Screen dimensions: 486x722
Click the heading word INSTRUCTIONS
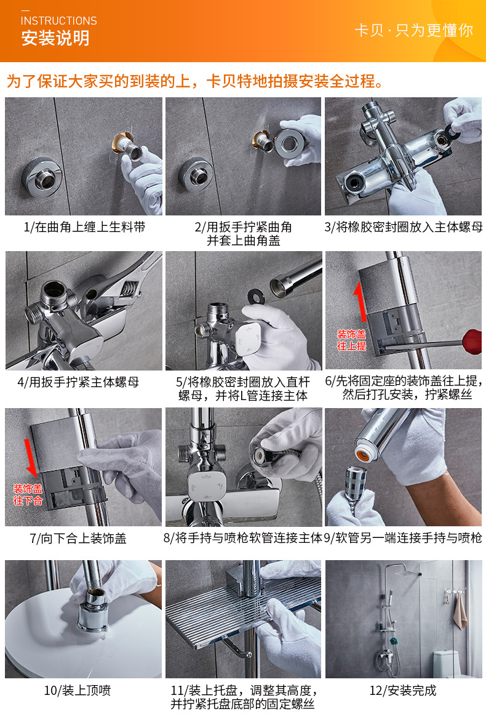(x=59, y=21)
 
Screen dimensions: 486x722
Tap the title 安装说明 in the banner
(x=55, y=38)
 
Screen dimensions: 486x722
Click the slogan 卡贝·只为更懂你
(x=414, y=30)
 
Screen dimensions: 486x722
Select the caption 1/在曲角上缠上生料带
(x=85, y=227)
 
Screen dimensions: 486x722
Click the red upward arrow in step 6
(x=361, y=302)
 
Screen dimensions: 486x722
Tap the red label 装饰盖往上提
(x=352, y=340)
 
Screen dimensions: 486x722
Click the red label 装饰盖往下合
(x=28, y=494)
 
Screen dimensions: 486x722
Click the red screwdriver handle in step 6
(x=472, y=342)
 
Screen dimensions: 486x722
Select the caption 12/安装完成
(x=403, y=691)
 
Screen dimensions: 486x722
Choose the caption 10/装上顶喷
(x=78, y=691)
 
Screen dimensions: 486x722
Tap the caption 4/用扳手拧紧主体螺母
(x=78, y=382)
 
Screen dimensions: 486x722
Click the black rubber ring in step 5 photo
(x=257, y=297)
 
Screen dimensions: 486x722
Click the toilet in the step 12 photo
(x=446, y=663)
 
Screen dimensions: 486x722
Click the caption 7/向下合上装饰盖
(x=78, y=539)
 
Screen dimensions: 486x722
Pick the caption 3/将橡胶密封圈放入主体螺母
(x=404, y=227)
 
